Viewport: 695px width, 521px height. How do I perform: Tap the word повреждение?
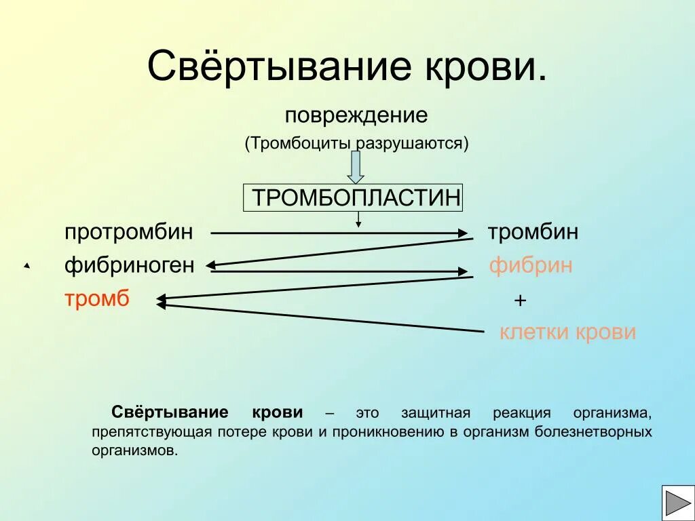pos(356,115)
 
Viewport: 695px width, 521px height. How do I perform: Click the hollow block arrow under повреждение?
pos(356,167)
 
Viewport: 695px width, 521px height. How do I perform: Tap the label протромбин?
pos(129,232)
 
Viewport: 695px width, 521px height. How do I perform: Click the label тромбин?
pos(533,232)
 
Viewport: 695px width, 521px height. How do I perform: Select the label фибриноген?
pos(130,265)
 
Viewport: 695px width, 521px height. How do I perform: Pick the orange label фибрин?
pos(531,265)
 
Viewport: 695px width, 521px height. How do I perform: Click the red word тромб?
pos(96,298)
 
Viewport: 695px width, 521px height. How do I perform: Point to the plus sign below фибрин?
pos(520,301)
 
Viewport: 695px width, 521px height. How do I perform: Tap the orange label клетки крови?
pos(567,332)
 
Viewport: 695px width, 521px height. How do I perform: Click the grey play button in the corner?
pos(677,503)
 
